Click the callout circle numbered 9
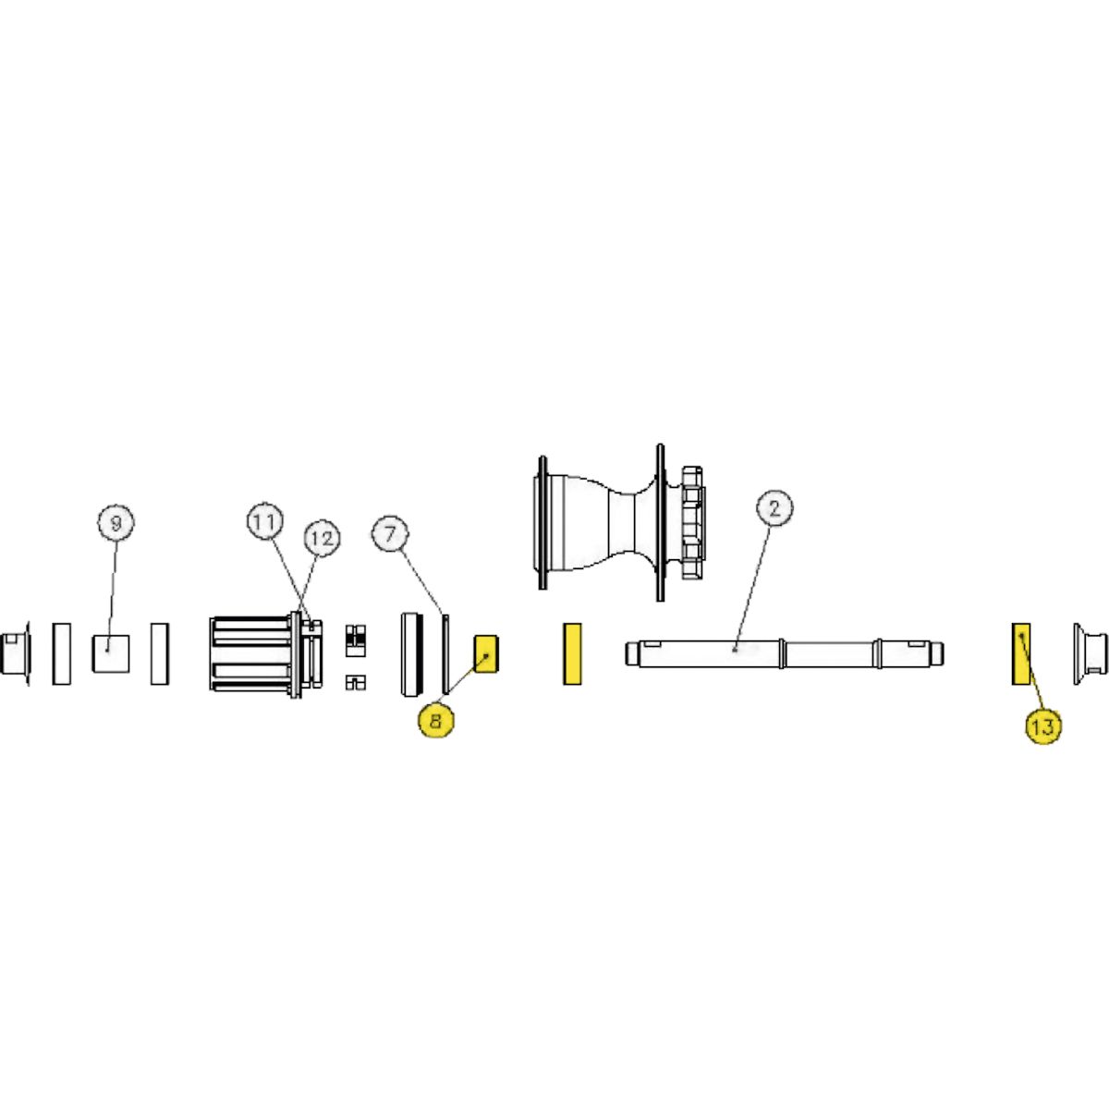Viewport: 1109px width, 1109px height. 116,522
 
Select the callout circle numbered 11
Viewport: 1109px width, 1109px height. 265,521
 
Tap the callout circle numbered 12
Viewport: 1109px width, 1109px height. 322,538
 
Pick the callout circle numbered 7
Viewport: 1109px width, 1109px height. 390,534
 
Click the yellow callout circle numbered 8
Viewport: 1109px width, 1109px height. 436,720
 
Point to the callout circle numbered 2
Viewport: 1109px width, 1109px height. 774,508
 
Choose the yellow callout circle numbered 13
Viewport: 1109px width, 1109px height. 1042,725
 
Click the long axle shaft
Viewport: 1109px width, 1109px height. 785,653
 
